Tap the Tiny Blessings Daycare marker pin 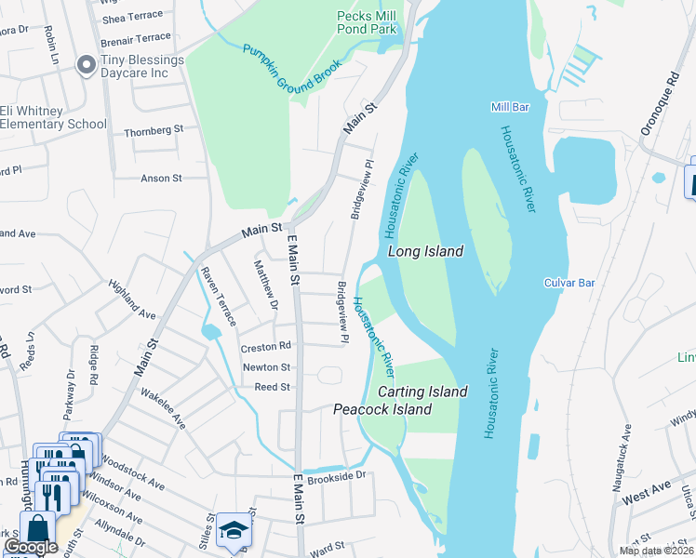click(87, 65)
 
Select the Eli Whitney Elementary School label click(53, 117)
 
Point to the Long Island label click(424, 252)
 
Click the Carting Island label click(422, 392)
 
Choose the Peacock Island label click(382, 409)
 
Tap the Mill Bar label click(509, 108)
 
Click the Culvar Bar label click(569, 282)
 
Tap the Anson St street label click(160, 178)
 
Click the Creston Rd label click(266, 347)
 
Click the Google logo click(31, 547)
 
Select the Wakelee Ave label click(163, 408)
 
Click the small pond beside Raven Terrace click(211, 331)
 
